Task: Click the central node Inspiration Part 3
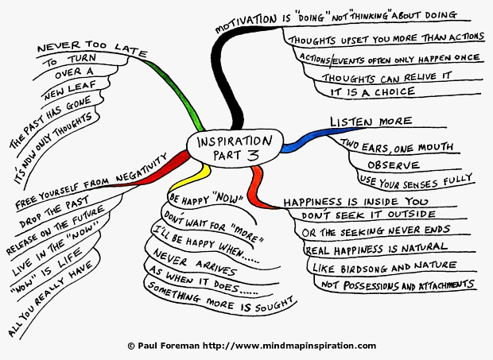[x=235, y=148]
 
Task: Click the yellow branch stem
[x=192, y=179]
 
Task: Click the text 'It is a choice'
[x=373, y=92]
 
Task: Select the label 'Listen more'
[x=371, y=122]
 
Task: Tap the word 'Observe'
[x=394, y=165]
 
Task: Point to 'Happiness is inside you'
[x=356, y=202]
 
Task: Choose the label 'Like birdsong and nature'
[x=384, y=267]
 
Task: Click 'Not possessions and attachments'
[x=398, y=285]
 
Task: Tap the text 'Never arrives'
[x=194, y=262]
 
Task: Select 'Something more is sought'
[x=221, y=298]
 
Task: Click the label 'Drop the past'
[x=54, y=211]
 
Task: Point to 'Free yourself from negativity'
[x=91, y=181]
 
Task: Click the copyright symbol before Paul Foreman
[x=131, y=346]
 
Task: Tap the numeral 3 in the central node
[x=253, y=155]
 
